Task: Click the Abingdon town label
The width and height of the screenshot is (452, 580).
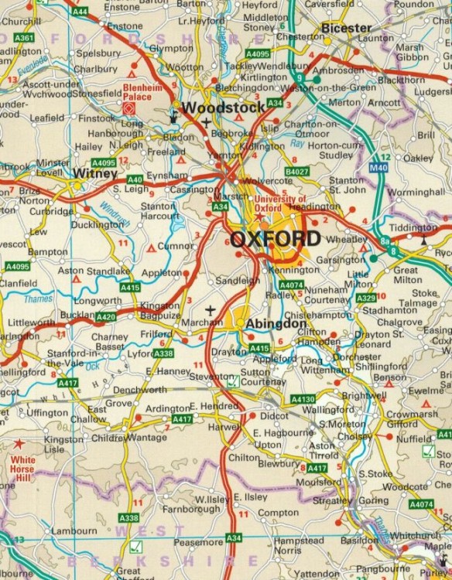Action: pyautogui.click(x=272, y=325)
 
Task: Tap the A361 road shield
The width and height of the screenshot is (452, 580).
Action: pyautogui.click(x=24, y=37)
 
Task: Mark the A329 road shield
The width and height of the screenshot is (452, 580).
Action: pyautogui.click(x=366, y=297)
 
